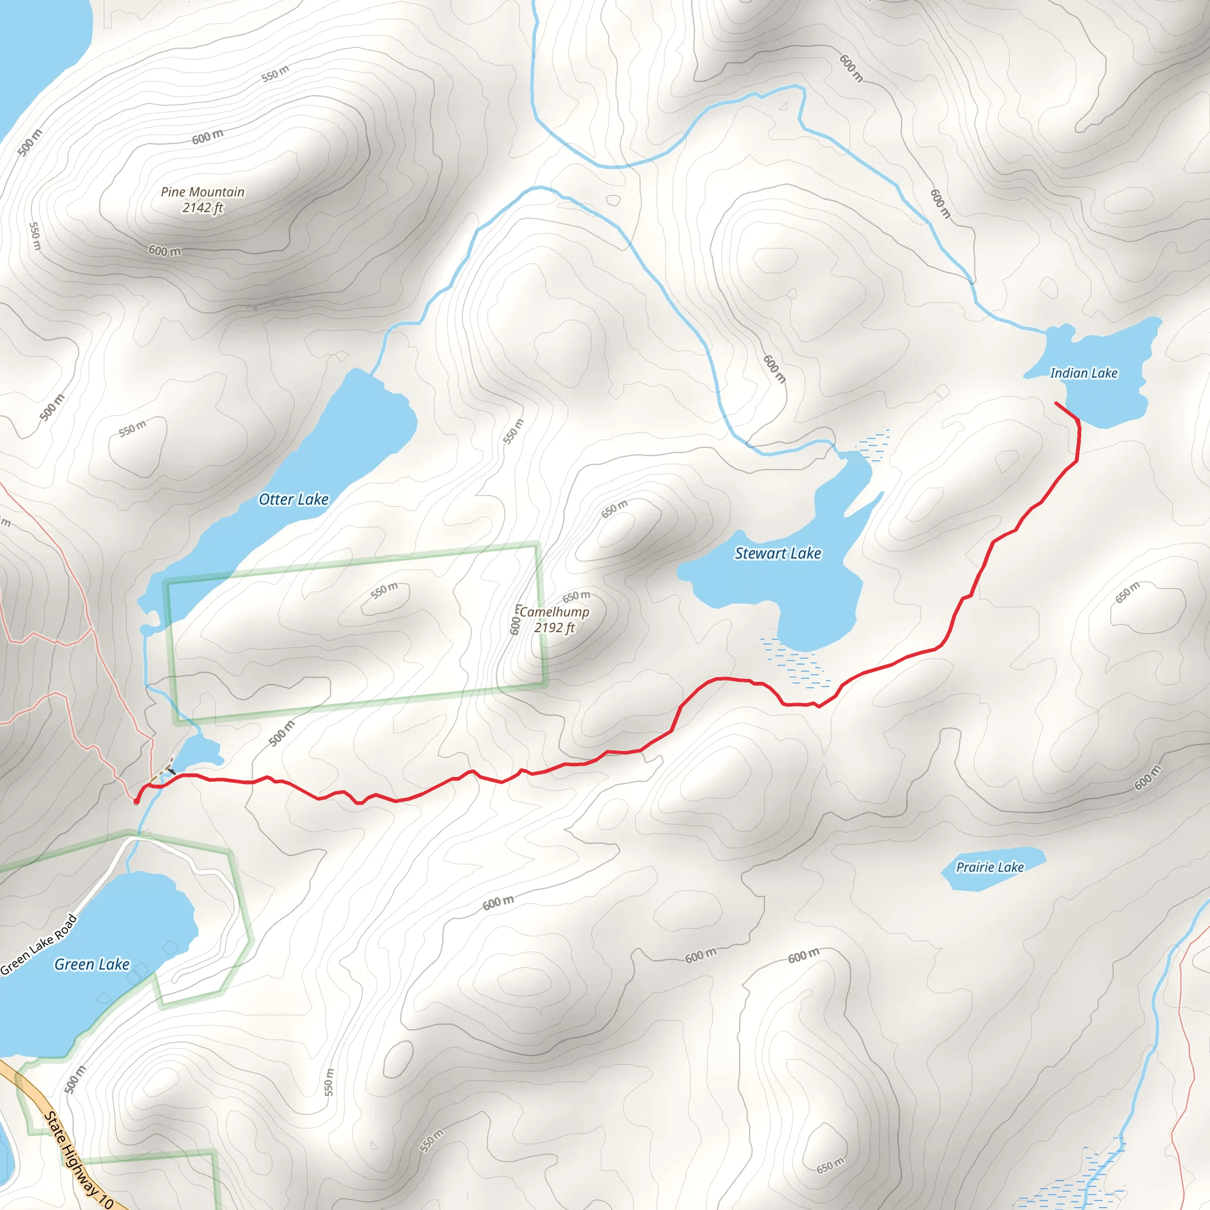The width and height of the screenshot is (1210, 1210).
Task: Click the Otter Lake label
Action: [x=293, y=500]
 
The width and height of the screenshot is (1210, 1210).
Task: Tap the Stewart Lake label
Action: [x=778, y=554]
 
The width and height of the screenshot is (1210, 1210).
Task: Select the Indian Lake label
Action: [x=1084, y=373]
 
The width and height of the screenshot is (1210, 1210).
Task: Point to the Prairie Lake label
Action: [x=990, y=867]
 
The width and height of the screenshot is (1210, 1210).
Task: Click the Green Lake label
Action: [x=92, y=964]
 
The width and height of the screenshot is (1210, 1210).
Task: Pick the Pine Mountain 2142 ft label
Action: [x=202, y=200]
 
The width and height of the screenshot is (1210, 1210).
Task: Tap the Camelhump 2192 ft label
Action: [x=554, y=619]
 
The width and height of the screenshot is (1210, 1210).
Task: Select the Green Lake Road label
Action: [x=39, y=945]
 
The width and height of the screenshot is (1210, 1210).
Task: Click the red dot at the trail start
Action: [x=136, y=801]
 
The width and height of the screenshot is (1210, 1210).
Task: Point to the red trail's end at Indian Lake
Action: [x=1056, y=404]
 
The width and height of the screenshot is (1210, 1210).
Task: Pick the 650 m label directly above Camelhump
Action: [x=575, y=596]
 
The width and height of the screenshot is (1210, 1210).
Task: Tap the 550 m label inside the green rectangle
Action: [x=384, y=590]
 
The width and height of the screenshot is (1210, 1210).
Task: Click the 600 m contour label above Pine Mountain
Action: [x=207, y=136]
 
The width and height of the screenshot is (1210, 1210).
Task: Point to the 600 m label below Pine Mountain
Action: [x=165, y=251]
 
